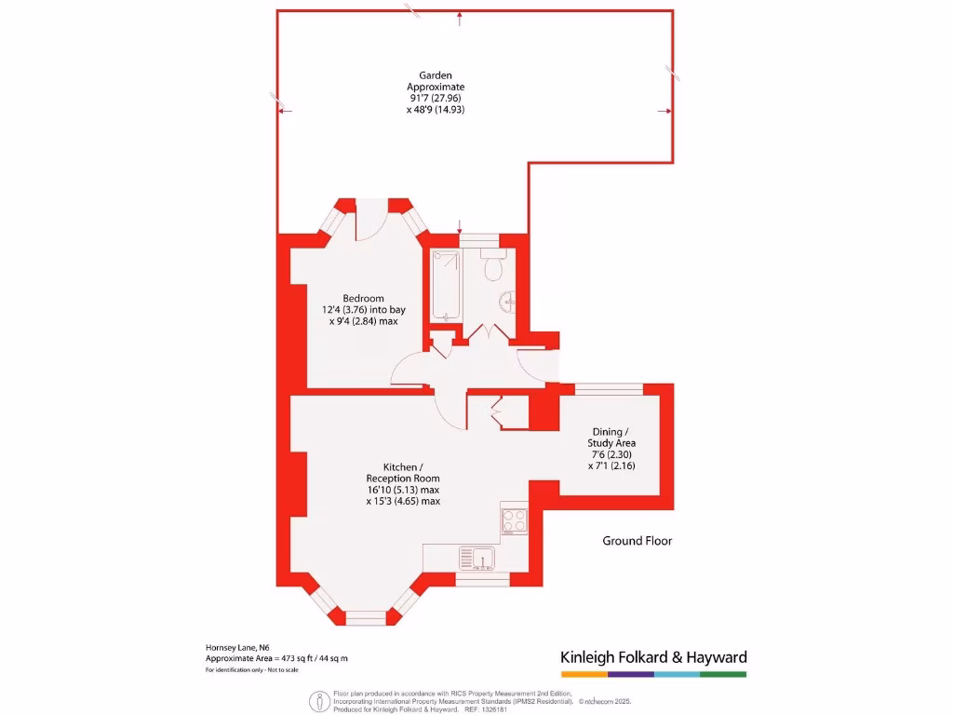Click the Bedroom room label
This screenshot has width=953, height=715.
point(364,299)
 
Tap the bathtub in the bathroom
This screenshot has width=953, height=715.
point(444,285)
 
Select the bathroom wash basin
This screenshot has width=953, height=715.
point(508,301)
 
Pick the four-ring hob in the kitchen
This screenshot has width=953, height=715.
point(515,520)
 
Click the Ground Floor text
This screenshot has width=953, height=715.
point(637,541)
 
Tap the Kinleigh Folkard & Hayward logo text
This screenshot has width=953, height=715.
point(653,657)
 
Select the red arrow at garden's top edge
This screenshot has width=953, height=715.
point(460,16)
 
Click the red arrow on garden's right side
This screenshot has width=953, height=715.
point(664,111)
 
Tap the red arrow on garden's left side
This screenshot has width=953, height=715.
point(285,111)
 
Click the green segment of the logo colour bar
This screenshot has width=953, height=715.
point(723,673)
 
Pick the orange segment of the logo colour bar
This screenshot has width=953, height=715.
point(584,673)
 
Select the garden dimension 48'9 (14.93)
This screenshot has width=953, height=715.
point(435,110)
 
